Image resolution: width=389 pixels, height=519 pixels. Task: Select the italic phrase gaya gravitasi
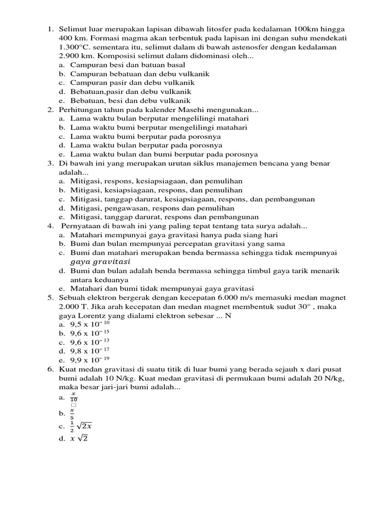[100, 262]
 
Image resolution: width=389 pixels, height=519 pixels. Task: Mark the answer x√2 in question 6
[80, 438]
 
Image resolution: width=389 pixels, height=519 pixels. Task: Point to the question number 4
[51, 226]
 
